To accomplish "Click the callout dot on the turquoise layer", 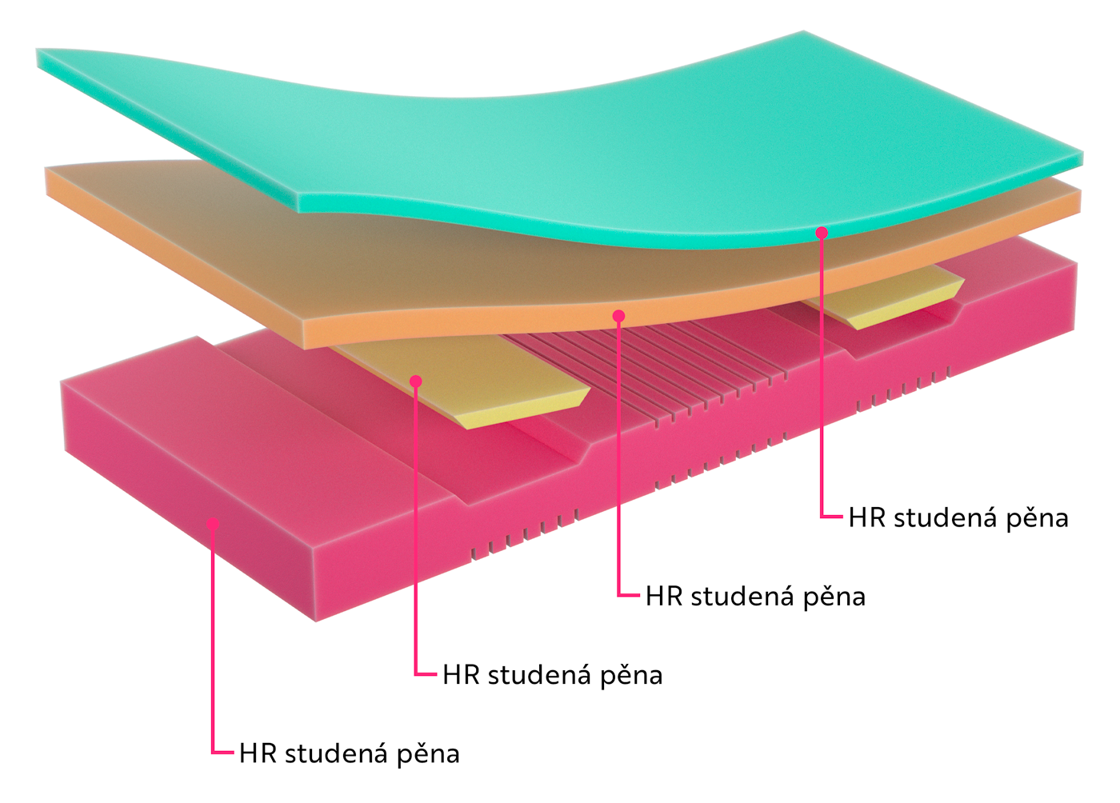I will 822,232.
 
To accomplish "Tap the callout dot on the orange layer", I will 618,316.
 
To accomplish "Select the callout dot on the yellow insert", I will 416,382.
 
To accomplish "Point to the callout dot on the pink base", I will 213,524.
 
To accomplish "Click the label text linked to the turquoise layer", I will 958,518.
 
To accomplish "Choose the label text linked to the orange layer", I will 755,597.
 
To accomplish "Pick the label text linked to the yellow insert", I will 552,675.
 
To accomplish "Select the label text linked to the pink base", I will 349,753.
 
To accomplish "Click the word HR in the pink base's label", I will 258,753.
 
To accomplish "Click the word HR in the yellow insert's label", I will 461,675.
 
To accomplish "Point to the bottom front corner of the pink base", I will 317,620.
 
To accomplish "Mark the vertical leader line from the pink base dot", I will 213,640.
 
